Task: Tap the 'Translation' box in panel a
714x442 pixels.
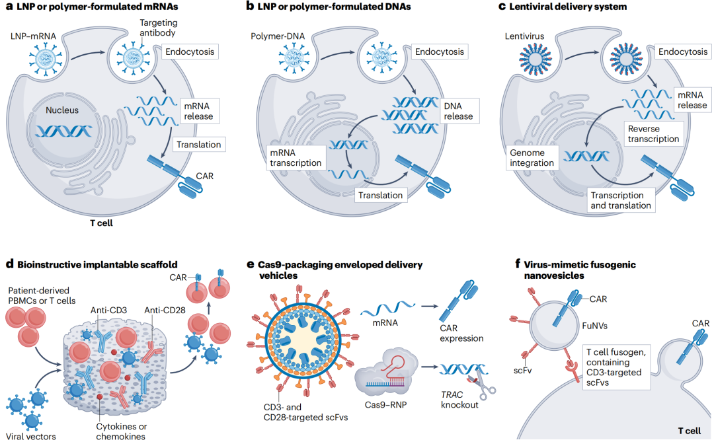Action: (197, 144)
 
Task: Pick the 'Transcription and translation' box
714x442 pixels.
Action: (617, 200)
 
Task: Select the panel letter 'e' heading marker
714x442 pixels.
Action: (251, 264)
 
